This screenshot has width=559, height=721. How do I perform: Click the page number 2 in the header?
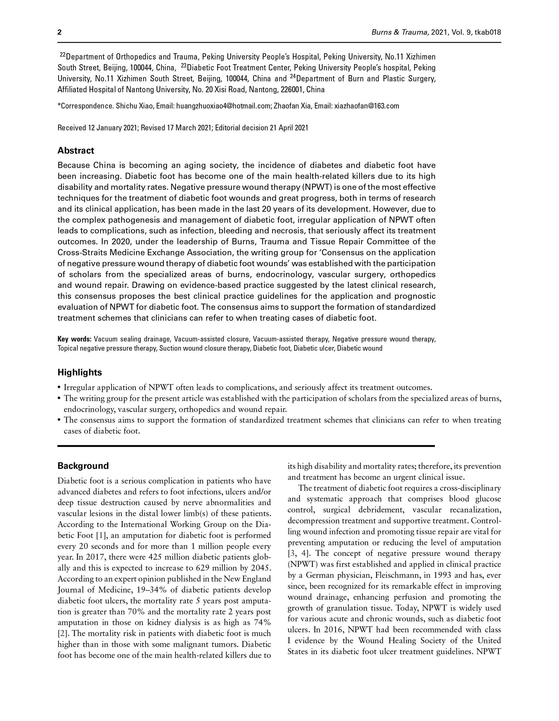pos(60,32)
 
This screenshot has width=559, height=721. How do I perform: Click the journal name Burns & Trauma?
pos(400,32)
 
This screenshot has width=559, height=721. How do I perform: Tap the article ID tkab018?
pos(488,32)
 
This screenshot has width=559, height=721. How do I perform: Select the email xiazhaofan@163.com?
pos(367,106)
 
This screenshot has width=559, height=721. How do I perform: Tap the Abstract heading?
pos(76,150)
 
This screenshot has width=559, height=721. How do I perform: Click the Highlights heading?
pos(80,372)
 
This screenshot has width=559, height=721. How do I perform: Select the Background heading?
pos(83,466)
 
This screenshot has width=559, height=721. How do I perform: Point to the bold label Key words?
pos(74,339)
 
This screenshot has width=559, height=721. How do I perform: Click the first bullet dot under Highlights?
pos(59,387)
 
